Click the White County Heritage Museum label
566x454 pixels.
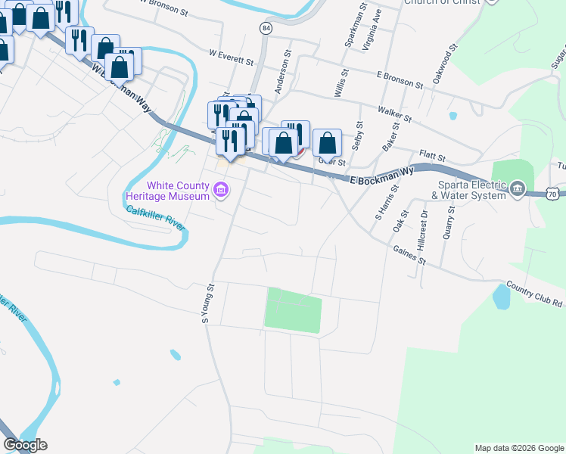167,191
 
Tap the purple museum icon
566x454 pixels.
220,189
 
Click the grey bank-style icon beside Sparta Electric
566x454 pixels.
517,188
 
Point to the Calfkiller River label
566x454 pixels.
156,217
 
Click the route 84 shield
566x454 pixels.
265,28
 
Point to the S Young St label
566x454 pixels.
208,304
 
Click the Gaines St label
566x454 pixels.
409,254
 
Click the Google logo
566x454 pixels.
25,445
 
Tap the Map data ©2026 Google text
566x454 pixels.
518,448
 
